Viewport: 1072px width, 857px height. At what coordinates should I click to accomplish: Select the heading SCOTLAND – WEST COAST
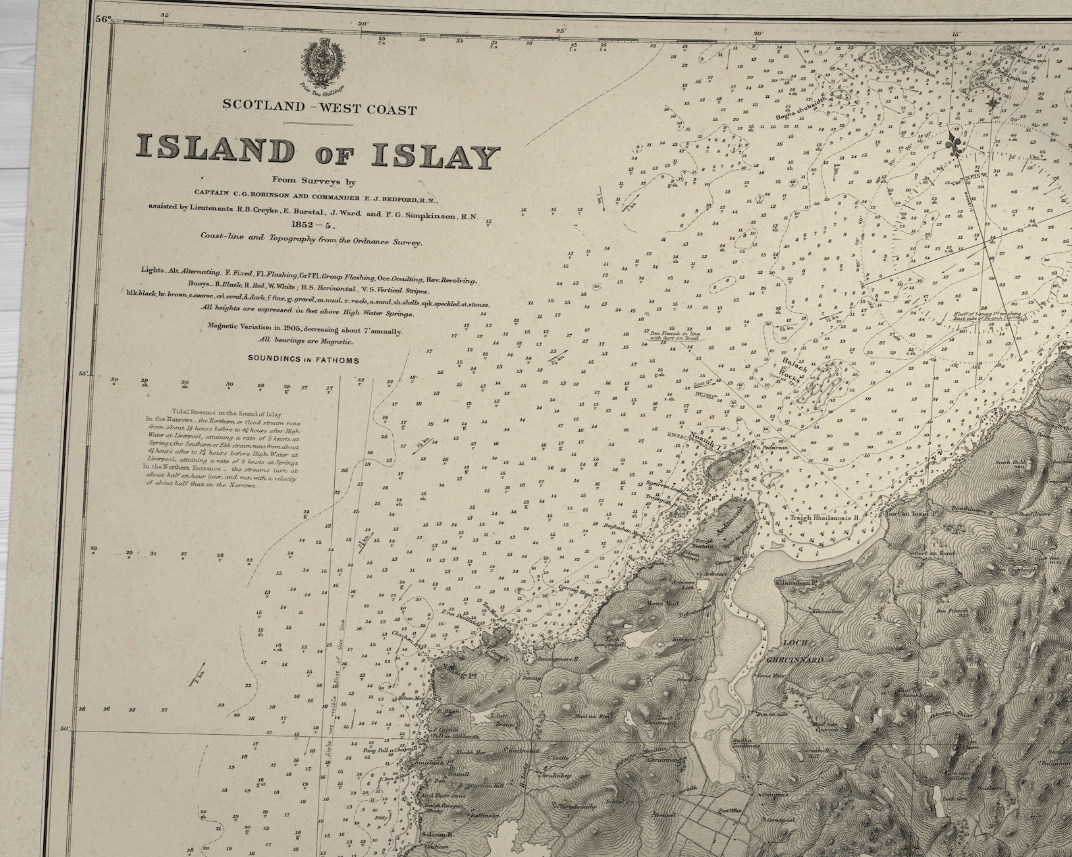(319, 109)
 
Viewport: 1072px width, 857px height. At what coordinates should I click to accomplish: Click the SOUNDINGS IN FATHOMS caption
(303, 360)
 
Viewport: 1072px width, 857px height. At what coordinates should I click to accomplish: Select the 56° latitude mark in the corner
(102, 20)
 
